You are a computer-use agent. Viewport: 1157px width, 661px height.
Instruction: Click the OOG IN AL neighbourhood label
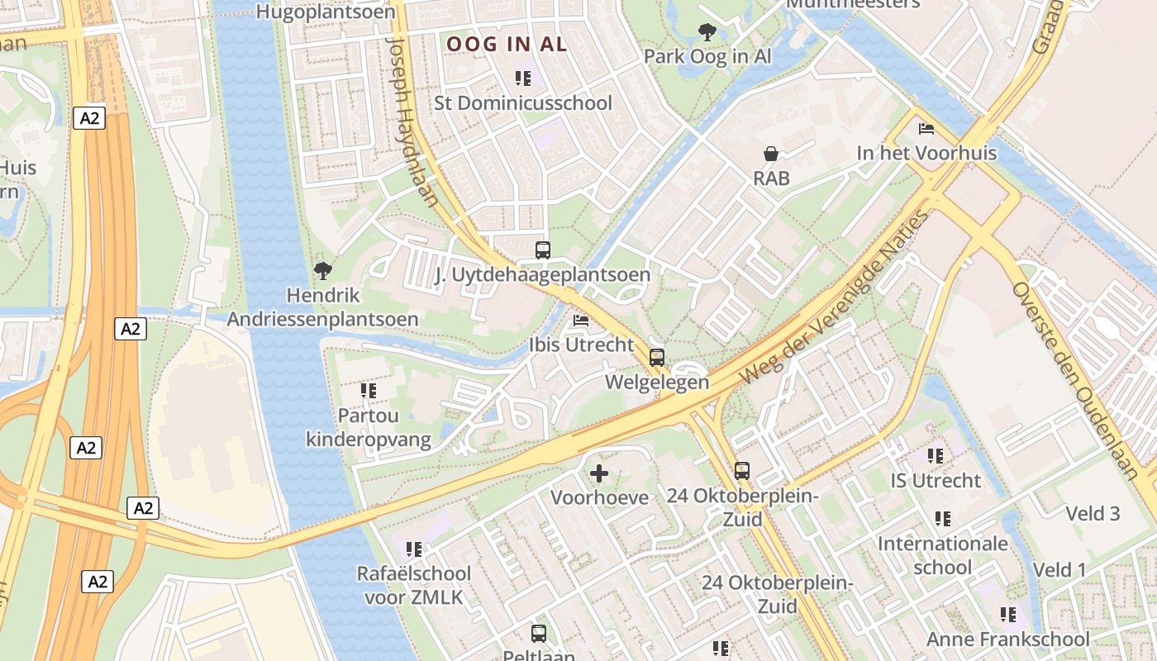coord(507,44)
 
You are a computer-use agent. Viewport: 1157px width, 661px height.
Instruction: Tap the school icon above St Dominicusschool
coord(523,78)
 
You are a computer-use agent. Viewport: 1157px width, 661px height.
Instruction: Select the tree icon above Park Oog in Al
coord(707,32)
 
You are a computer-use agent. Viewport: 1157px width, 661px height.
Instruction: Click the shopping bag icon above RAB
coord(771,154)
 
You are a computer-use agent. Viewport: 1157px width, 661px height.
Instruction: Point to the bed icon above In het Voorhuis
coord(926,129)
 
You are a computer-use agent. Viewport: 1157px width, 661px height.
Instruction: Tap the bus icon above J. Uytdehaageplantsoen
coord(543,250)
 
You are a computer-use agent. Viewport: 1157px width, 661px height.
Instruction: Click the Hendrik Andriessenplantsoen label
coord(323,307)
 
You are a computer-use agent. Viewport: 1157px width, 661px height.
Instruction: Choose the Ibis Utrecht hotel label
coord(581,345)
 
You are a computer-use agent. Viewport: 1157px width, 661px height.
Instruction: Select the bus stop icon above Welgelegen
coord(657,358)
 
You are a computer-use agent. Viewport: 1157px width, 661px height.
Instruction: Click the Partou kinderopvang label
coord(369,426)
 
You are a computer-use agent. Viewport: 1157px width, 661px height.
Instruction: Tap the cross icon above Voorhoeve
coord(599,473)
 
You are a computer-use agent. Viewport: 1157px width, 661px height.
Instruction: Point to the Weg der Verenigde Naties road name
coord(835,297)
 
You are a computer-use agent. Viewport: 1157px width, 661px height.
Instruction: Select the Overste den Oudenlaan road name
coord(1075,380)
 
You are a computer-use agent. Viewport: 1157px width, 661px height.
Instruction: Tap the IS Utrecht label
coord(936,480)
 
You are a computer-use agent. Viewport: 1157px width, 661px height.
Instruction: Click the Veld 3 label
coord(1093,513)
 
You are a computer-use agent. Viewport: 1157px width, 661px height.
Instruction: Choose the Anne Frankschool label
coord(1007,639)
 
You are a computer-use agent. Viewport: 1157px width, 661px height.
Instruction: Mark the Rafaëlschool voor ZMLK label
coord(413,585)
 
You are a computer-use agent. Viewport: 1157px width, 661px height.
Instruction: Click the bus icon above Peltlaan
coord(539,634)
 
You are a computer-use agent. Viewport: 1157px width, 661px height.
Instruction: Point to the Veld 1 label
coord(1059,569)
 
